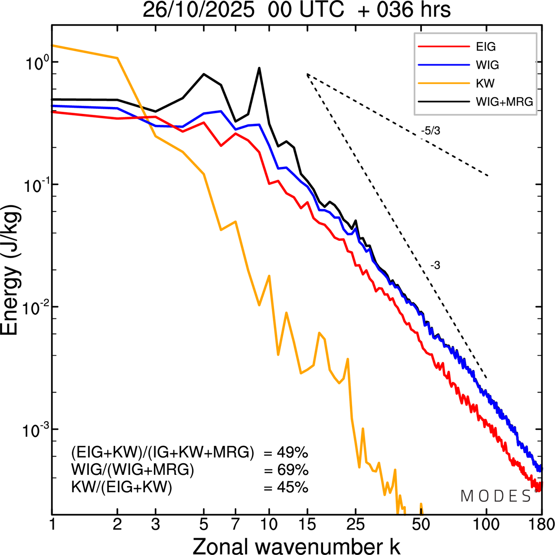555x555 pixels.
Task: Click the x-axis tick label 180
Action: coord(540,525)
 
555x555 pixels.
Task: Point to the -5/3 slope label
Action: coord(430,130)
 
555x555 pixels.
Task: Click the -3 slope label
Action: coord(435,266)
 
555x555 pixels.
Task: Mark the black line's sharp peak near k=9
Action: coord(259,68)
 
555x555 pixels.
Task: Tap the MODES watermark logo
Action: coord(496,497)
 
